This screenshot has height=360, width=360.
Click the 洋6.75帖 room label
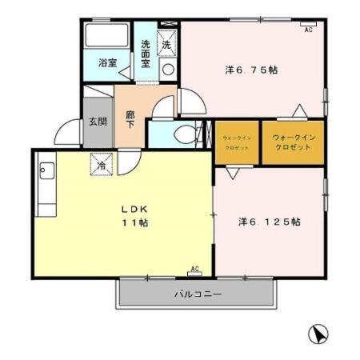[x=250, y=70]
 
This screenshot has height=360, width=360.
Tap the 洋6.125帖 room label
[x=269, y=221]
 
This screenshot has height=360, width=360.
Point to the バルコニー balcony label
[x=198, y=294]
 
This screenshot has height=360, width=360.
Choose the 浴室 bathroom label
[x=108, y=62]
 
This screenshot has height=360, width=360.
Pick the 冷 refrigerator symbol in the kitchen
[x=102, y=165]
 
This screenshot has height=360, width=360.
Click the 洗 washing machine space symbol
[x=167, y=44]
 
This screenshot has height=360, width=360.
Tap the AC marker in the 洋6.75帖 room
[x=308, y=30]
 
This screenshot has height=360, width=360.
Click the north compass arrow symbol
[x=318, y=334]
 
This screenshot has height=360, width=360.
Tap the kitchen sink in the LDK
[x=46, y=173]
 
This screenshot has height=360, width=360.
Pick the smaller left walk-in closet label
[x=237, y=143]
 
